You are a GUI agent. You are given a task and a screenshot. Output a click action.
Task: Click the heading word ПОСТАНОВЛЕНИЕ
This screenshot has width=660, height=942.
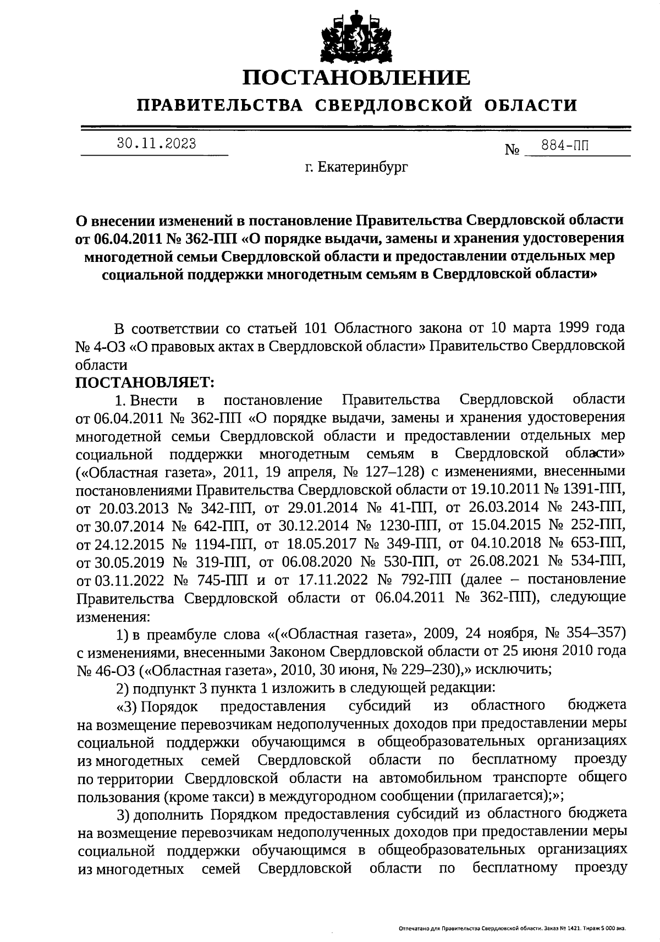point(357,78)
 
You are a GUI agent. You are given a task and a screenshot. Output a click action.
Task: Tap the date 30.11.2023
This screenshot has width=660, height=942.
point(156,144)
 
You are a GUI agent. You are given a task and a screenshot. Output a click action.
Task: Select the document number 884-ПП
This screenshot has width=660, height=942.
point(564,146)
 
